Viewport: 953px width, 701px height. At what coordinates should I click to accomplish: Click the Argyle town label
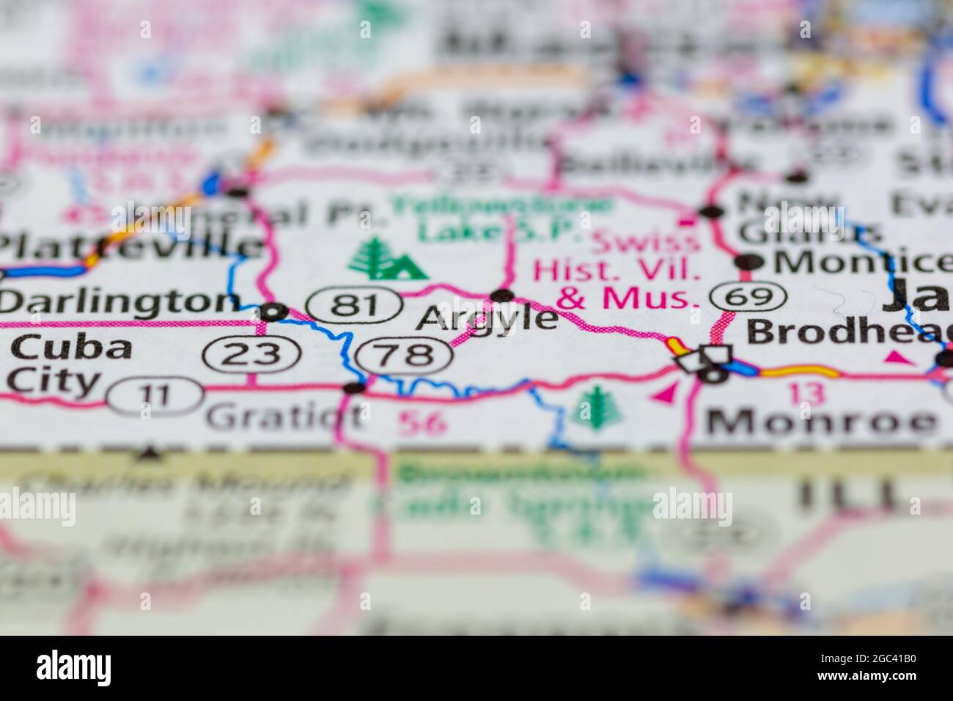(487, 319)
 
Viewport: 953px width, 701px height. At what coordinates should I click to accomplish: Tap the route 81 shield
(354, 304)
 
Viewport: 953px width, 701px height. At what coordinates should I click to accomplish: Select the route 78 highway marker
(404, 356)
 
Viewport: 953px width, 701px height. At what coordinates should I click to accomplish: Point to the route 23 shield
(252, 355)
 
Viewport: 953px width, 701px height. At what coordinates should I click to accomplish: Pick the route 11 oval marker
(155, 397)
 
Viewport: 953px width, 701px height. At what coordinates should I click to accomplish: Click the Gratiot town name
(284, 417)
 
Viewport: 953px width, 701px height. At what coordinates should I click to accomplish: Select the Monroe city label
(820, 422)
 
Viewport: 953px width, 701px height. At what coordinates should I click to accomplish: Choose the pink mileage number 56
(422, 423)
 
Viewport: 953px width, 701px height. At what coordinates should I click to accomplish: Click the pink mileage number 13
(806, 393)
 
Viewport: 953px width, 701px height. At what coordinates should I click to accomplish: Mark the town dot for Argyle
(502, 296)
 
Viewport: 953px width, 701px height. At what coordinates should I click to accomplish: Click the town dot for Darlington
(273, 312)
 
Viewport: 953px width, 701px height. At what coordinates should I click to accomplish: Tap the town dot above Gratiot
(355, 387)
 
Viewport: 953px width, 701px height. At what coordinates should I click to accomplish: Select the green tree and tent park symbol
(387, 260)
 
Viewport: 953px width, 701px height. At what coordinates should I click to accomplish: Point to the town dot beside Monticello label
(748, 261)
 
